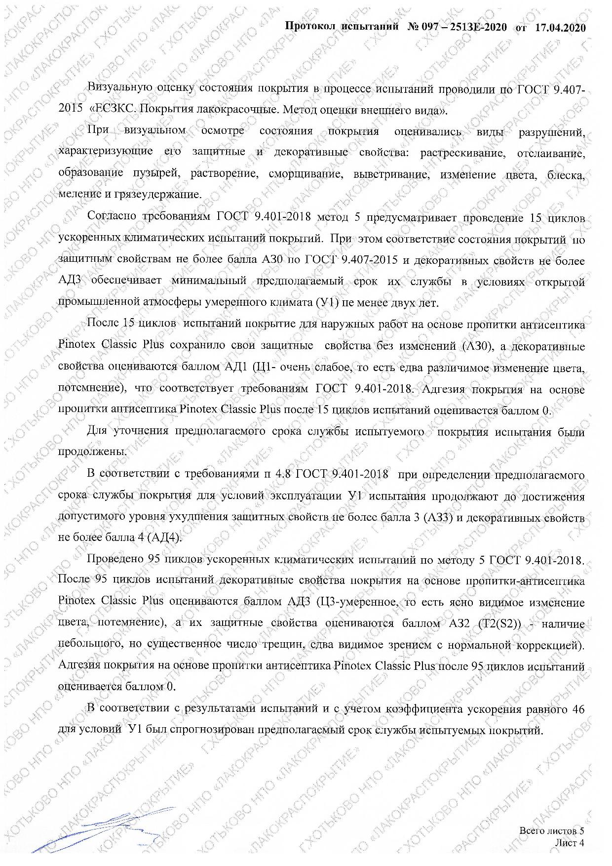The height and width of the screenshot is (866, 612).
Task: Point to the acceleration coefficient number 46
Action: coord(578,709)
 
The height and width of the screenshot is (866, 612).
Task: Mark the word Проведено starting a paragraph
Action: coord(115,559)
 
